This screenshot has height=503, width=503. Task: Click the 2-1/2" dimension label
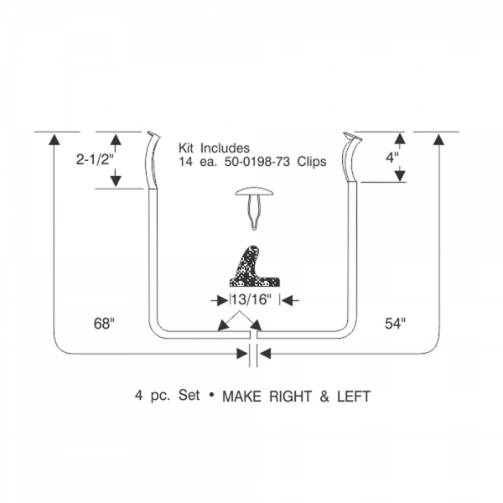pos(93,159)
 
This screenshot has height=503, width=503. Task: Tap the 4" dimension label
pos(392,158)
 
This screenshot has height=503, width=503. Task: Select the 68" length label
pos(104,324)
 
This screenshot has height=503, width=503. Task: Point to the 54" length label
pos(395,324)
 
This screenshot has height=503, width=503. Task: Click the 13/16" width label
pos(251,299)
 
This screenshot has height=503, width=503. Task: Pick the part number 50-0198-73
pos(257,161)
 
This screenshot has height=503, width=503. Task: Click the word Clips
pos(312,162)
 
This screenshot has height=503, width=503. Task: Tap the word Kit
pos(186,148)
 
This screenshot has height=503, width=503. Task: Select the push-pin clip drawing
pos(254,208)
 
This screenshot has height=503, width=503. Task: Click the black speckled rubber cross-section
pos(255,267)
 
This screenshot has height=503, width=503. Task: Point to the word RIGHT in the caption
pos(290,397)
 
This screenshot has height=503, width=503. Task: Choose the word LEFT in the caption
pos(354,397)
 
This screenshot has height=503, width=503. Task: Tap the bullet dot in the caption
pos(211,395)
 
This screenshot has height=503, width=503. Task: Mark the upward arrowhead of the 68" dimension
pos(54,139)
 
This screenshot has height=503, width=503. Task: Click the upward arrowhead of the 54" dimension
pos(438,139)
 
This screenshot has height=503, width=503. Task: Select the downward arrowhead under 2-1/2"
pos(116,181)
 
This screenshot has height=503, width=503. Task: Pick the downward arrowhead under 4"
pos(400,175)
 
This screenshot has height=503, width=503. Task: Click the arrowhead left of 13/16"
pos(222,301)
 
